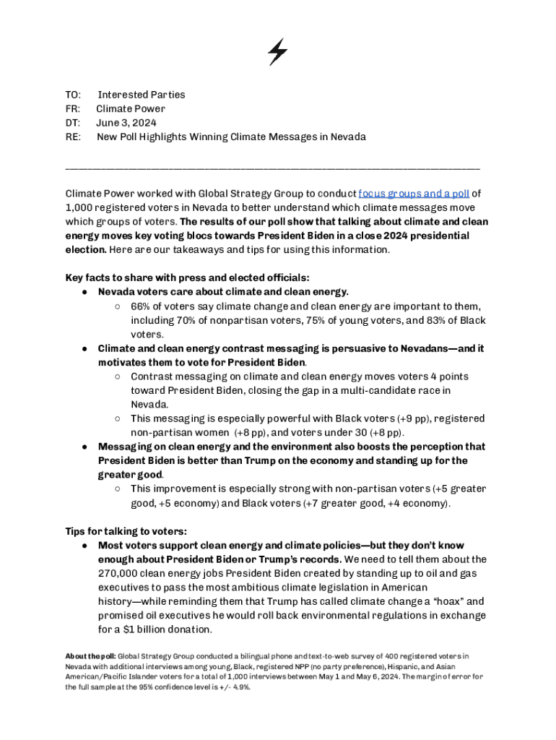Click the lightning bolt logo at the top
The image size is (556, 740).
click(x=277, y=52)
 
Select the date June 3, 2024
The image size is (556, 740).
click(x=126, y=123)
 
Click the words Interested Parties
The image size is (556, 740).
click(x=142, y=95)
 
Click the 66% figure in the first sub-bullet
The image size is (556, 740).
click(x=141, y=307)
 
